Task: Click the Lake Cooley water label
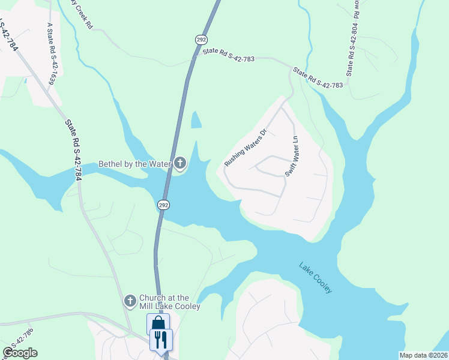pos(315,277)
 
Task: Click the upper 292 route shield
pos(200,38)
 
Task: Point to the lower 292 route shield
pos(163,205)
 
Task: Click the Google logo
pos(20,353)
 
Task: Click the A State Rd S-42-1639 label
pos(51,53)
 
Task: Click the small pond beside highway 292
pos(196,120)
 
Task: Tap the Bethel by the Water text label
pos(136,164)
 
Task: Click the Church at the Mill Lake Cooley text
pos(169,302)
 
